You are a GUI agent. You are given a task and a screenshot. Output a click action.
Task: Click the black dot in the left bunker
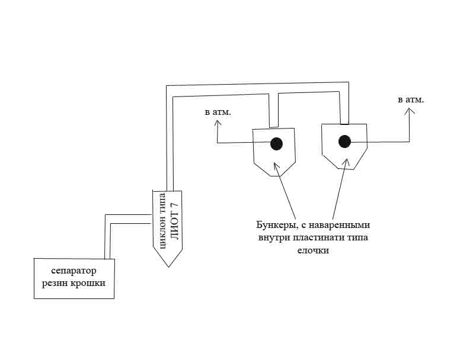pyautogui.click(x=276, y=144)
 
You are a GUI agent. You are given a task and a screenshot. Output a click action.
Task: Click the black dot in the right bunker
pyautogui.click(x=344, y=142)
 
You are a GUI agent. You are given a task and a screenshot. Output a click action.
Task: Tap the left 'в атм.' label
pyautogui.click(x=218, y=111)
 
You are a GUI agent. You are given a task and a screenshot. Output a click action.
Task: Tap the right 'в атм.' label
pyautogui.click(x=411, y=99)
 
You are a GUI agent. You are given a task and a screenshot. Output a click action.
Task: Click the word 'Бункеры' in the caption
pyautogui.click(x=276, y=226)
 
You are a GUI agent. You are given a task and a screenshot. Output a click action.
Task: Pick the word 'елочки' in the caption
pyautogui.click(x=312, y=250)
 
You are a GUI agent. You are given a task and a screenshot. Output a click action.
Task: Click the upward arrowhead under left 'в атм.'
pyautogui.click(x=218, y=123)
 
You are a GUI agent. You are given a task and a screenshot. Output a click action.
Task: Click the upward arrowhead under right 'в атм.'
pyautogui.click(x=409, y=112)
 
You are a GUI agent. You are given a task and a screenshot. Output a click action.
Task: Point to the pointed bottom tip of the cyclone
pyautogui.click(x=168, y=266)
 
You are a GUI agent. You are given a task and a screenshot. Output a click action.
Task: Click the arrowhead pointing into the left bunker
pyautogui.click(x=276, y=163)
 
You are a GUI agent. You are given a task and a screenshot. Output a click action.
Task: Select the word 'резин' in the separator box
pyautogui.click(x=55, y=283)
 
